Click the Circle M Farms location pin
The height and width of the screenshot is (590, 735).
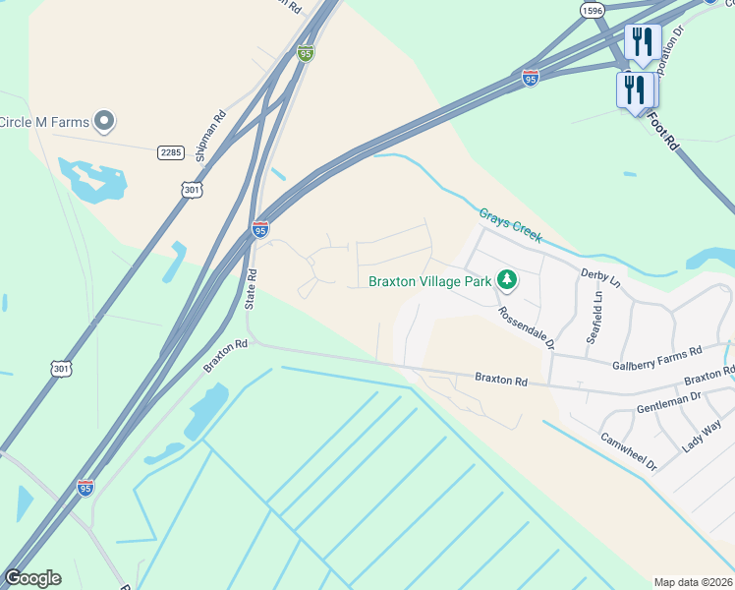tap(105, 122)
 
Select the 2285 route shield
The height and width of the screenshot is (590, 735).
tap(170, 152)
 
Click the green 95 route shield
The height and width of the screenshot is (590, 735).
tap(306, 53)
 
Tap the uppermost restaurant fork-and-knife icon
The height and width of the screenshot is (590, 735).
tap(643, 41)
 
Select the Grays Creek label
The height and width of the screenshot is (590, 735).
tap(510, 225)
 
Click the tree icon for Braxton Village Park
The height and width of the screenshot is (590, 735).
tap(507, 280)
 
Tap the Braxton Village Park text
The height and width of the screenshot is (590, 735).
tap(429, 281)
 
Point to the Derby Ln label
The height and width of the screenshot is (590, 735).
tap(601, 277)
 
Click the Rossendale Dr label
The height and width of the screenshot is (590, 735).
tap(527, 328)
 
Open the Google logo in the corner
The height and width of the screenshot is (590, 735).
tap(32, 578)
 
